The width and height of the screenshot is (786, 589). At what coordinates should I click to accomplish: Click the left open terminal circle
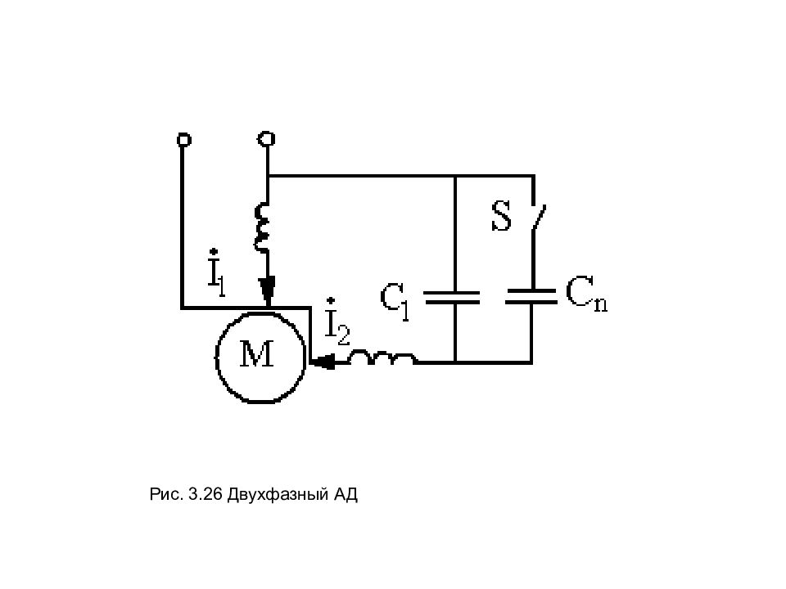[x=184, y=139]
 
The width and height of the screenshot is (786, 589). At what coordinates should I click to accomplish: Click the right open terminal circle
[x=266, y=138]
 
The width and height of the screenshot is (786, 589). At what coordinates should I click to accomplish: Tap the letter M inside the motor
[x=256, y=353]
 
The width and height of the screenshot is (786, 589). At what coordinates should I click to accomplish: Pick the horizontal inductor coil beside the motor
[x=382, y=358]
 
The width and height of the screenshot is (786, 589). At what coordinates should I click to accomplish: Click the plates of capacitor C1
[x=452, y=298]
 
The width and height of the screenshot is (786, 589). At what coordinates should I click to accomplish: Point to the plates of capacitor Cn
[x=531, y=296]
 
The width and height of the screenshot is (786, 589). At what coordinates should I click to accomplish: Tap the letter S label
[x=501, y=216]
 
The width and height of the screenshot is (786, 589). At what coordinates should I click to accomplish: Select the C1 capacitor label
[x=395, y=301]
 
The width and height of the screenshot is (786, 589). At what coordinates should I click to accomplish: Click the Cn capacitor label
[x=586, y=295]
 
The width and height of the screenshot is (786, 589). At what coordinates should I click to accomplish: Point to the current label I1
[x=216, y=273]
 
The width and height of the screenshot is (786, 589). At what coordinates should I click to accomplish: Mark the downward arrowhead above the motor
[x=268, y=290]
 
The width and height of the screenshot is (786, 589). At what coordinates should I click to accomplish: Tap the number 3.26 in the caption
[x=205, y=494]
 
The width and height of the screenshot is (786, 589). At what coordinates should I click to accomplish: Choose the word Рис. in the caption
[x=166, y=494]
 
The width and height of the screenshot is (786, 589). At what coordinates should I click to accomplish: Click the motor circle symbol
[x=216, y=356]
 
